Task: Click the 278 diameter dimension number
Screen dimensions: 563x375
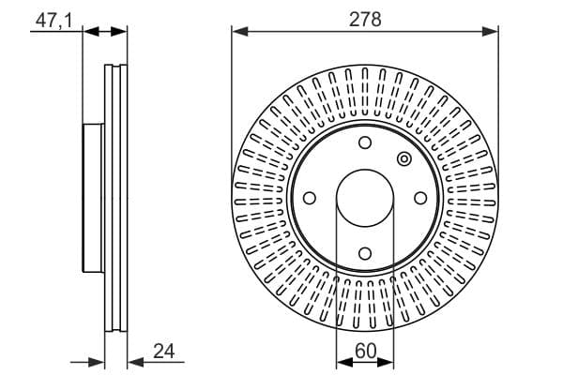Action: click(x=365, y=20)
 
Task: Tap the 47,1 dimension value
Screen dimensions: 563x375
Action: click(x=53, y=20)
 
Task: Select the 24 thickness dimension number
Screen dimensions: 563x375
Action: click(x=163, y=351)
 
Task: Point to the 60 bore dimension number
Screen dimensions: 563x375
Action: click(x=366, y=351)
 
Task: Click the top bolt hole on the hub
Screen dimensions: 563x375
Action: click(x=365, y=142)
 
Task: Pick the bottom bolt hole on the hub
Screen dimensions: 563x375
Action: click(x=365, y=254)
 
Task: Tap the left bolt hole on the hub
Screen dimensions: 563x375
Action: click(x=310, y=198)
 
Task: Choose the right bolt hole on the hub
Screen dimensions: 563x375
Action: click(x=420, y=198)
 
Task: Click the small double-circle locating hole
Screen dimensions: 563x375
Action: click(x=404, y=159)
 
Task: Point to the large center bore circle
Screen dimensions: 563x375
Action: click(x=365, y=170)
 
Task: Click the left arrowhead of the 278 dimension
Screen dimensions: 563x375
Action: click(x=240, y=32)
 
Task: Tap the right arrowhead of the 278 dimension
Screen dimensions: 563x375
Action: click(x=490, y=32)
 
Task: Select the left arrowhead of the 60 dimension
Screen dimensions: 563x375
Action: click(x=344, y=363)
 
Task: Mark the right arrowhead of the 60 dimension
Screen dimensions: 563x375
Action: click(x=386, y=363)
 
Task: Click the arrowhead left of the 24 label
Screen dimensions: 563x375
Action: click(x=136, y=363)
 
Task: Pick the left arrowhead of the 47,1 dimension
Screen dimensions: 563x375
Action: click(x=91, y=32)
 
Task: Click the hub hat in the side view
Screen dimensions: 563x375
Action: click(x=93, y=198)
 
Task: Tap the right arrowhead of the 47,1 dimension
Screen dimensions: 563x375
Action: click(x=119, y=32)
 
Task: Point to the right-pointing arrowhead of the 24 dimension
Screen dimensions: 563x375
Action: click(x=97, y=363)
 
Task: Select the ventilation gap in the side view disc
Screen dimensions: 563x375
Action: click(x=116, y=198)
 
